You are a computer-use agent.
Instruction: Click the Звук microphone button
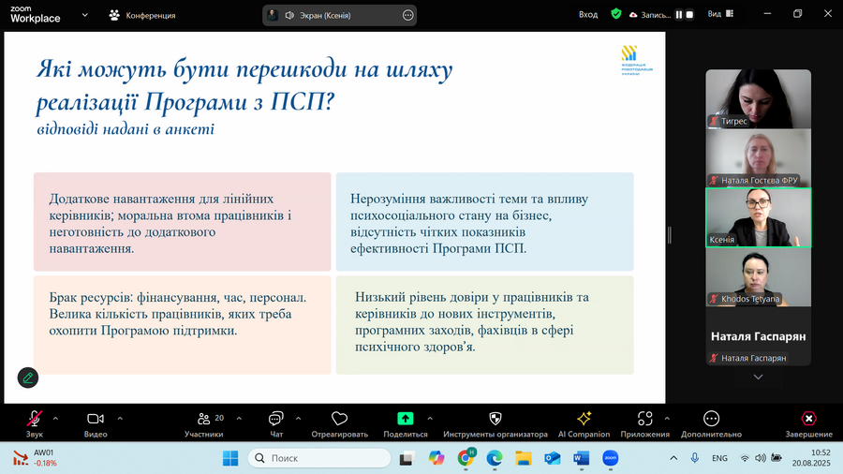[35, 420]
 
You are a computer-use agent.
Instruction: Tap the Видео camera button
[96, 420]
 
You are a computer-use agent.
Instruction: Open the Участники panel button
[203, 420]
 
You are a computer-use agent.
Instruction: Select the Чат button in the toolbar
[276, 420]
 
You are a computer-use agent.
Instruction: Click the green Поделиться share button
[406, 420]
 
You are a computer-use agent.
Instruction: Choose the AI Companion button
[584, 420]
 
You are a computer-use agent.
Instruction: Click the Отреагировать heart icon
[339, 419]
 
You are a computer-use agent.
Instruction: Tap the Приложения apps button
[645, 420]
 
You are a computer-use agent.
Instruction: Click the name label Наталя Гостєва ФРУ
[759, 180]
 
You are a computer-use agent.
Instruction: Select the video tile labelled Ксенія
[758, 217]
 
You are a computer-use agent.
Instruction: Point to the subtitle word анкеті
[190, 129]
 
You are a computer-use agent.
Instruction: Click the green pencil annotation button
[28, 378]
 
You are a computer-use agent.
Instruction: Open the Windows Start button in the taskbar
[230, 458]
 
